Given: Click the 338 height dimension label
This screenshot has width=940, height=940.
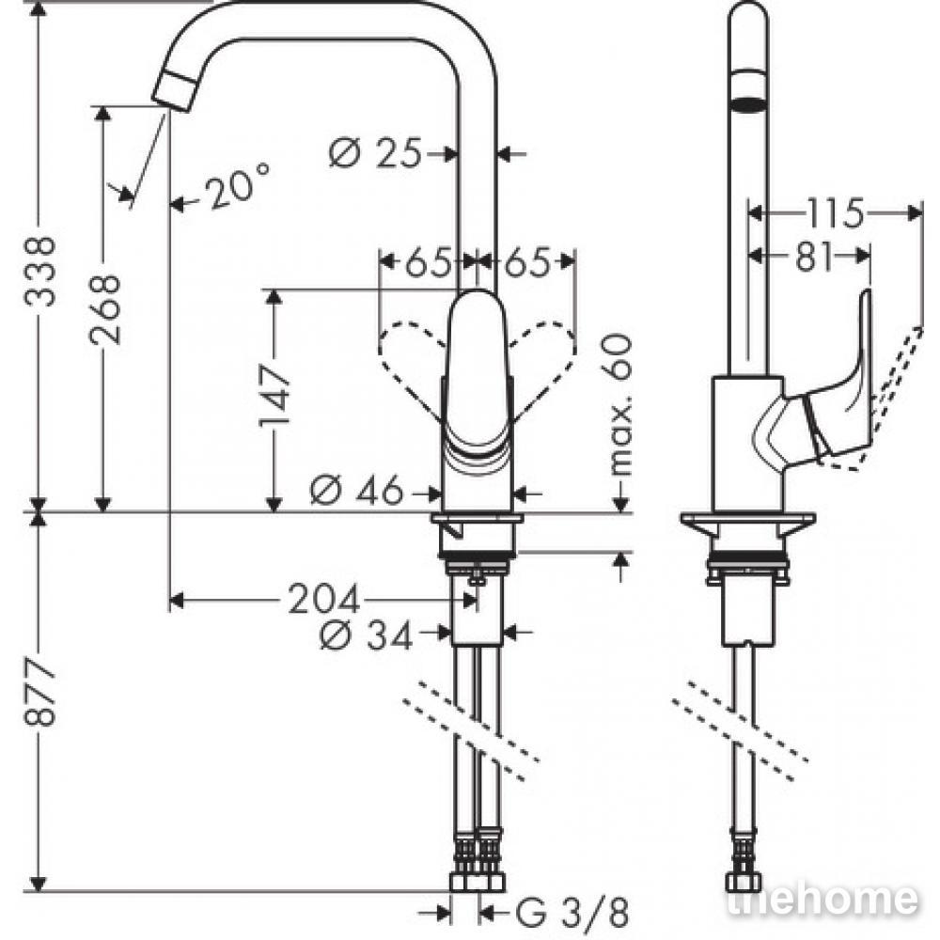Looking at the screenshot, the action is point(40,271).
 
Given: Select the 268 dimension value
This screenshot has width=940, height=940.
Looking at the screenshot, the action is point(105,309).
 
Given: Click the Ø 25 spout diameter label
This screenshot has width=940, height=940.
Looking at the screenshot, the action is point(376,153).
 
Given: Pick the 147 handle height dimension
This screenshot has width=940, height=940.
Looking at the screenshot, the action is point(275,397).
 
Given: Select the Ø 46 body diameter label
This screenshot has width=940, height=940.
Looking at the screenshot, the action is point(357,492).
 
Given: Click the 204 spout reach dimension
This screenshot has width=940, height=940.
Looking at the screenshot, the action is point(324,599).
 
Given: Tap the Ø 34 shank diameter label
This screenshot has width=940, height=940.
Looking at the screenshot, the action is point(367,634).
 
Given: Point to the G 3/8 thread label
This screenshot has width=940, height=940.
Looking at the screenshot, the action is point(572,913).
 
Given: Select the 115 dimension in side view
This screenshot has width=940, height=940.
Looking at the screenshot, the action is point(835,212).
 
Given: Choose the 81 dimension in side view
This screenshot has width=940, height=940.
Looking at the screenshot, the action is point(814,257).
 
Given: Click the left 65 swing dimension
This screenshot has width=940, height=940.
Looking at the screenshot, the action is point(428,262).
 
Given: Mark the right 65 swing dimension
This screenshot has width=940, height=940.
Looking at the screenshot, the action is point(527,262).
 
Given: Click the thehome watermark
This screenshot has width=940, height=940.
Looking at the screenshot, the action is point(822,900).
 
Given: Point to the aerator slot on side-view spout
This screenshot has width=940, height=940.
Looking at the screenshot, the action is point(747,104).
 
